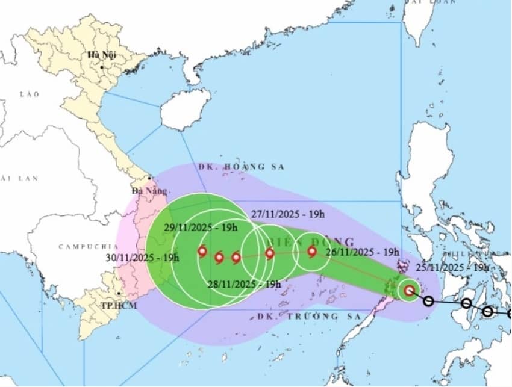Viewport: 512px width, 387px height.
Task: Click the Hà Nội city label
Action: [101, 55]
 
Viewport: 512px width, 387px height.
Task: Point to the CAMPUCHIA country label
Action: [80, 247]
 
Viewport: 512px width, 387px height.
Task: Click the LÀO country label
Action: [28, 94]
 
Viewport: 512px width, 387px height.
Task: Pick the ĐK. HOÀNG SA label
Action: [241, 166]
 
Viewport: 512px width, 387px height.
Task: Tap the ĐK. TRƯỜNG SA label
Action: [308, 315]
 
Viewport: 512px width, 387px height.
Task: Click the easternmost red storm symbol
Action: [410, 291]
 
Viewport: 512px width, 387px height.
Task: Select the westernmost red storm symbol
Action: [202, 252]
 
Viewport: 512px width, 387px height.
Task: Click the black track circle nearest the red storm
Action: [429, 301]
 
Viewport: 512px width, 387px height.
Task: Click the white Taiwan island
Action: [417, 28]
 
